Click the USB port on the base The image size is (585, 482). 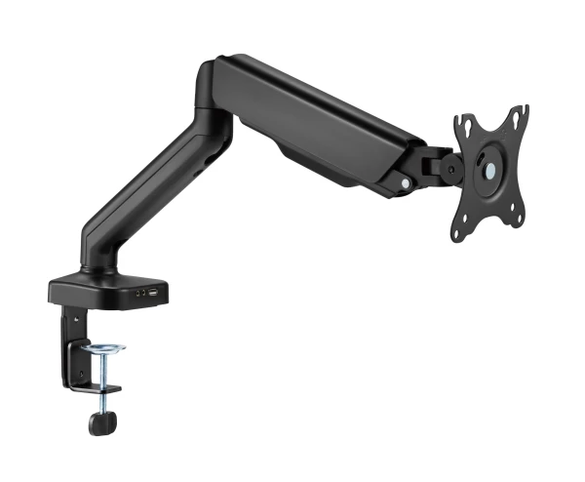click(x=156, y=291)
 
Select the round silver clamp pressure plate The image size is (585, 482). click(x=103, y=348)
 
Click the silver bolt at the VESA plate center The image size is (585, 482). click(x=490, y=170)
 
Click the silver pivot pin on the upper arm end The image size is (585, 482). click(x=406, y=181)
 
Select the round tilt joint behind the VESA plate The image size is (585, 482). click(x=450, y=167)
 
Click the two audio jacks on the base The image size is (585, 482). click(x=141, y=293)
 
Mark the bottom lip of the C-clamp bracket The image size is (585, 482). click(x=93, y=389)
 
